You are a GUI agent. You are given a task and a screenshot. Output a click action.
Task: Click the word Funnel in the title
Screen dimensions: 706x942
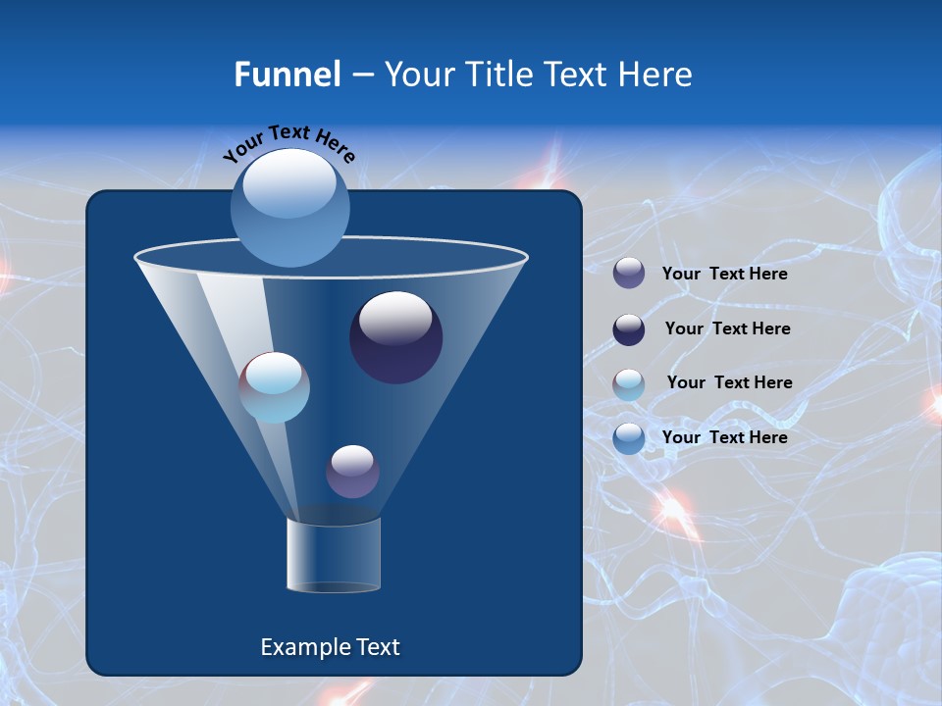(287, 75)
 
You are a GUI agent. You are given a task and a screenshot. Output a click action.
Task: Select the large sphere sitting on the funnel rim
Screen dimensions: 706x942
(290, 208)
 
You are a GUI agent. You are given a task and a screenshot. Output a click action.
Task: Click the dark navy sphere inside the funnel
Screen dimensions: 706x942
(395, 336)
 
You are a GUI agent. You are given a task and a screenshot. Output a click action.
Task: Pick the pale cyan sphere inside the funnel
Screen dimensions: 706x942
(274, 386)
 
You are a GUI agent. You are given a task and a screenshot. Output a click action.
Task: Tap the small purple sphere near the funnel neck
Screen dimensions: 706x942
(352, 471)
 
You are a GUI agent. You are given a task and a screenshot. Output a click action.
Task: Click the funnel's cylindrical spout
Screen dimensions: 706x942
(334, 555)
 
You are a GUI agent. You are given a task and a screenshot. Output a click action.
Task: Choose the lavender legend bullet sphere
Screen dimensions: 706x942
(629, 274)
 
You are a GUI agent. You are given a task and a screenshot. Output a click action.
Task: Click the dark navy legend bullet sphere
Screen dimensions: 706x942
(629, 329)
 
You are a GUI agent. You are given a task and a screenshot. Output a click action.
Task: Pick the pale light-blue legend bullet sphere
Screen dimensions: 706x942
(629, 384)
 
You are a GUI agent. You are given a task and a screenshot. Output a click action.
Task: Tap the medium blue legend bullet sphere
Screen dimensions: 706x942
(629, 438)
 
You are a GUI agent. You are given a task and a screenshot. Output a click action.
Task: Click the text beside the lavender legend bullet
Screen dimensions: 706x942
(724, 275)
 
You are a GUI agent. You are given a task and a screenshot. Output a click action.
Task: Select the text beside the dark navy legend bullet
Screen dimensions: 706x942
(727, 329)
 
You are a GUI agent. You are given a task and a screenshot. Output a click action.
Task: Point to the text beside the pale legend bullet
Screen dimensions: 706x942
(729, 383)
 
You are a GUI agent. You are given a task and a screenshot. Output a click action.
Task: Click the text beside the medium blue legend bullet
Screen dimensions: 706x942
(724, 437)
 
